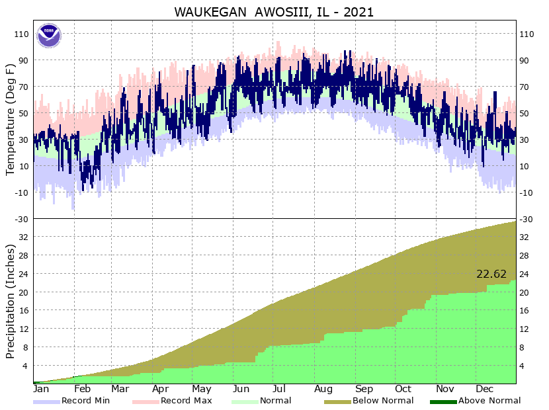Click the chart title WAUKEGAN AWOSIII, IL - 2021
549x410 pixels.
pyautogui.click(x=274, y=12)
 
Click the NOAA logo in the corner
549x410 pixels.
pyautogui.click(x=48, y=35)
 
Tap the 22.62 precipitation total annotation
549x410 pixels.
pyautogui.click(x=491, y=274)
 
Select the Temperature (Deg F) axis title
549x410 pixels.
pyautogui.click(x=10, y=120)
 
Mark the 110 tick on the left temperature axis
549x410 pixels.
pyautogui.click(x=22, y=34)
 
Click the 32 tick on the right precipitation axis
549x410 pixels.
pyautogui.click(x=525, y=237)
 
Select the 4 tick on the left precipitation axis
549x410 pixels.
pyautogui.click(x=25, y=366)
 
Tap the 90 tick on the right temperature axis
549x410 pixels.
pyautogui.click(x=525, y=60)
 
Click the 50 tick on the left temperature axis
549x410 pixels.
pyautogui.click(x=24, y=113)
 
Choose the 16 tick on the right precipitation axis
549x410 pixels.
pyautogui.click(x=525, y=310)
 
